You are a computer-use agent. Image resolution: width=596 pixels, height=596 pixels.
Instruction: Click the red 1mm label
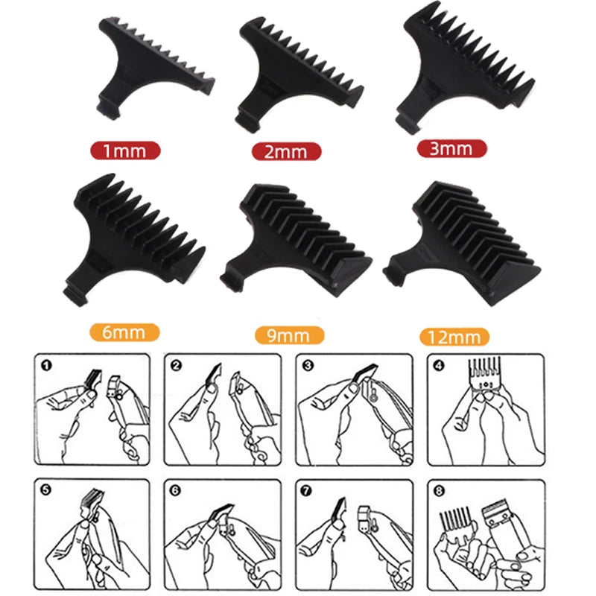125,150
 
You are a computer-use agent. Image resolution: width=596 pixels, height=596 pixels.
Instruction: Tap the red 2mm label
287,151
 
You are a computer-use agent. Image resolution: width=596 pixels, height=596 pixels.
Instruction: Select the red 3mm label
452,148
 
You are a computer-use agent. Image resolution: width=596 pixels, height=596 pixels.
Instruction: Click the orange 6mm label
124,332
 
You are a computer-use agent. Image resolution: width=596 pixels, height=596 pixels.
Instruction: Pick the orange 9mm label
289,335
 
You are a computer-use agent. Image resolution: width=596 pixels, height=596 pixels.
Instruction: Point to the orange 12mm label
454,337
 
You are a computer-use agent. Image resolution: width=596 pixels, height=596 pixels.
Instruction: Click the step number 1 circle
46,366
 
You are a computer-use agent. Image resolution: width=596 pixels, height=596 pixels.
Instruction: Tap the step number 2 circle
177,366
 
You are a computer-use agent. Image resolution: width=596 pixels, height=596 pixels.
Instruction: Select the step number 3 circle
308,366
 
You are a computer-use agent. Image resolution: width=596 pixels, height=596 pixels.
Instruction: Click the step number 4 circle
439,366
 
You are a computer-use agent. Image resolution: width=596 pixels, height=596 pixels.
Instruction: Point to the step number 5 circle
45,490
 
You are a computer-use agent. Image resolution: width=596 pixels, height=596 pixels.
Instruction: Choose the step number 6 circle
175,491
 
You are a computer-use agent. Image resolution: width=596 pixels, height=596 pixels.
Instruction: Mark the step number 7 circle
306,491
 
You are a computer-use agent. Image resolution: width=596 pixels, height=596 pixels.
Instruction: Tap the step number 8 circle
439,491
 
